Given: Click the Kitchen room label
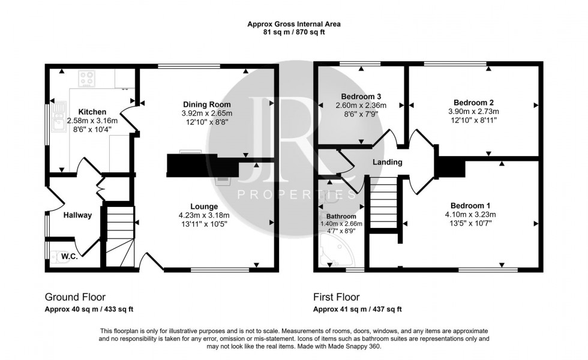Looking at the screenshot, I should coord(92,112).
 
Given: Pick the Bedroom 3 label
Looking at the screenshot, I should coord(361,96).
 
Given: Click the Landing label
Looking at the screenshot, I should coord(387,162).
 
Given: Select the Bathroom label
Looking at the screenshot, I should coord(341,216).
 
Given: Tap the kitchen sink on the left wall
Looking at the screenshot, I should coord(59,116).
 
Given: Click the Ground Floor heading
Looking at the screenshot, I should coord(75,297).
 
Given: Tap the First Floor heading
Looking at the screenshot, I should coord(336,297).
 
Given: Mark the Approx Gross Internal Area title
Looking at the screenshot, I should coord(294,25).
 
